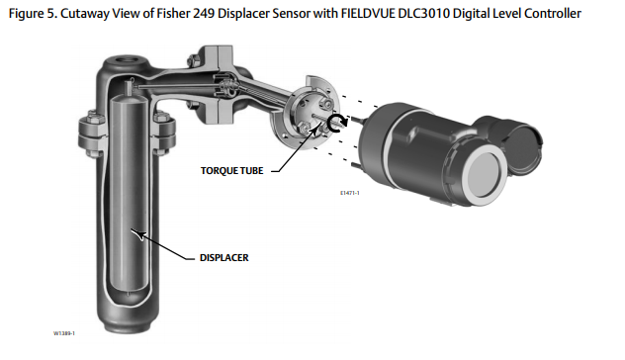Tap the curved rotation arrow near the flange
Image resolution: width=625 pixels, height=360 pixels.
coord(340,124)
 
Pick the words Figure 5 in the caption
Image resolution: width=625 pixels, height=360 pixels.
coord(29,12)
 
